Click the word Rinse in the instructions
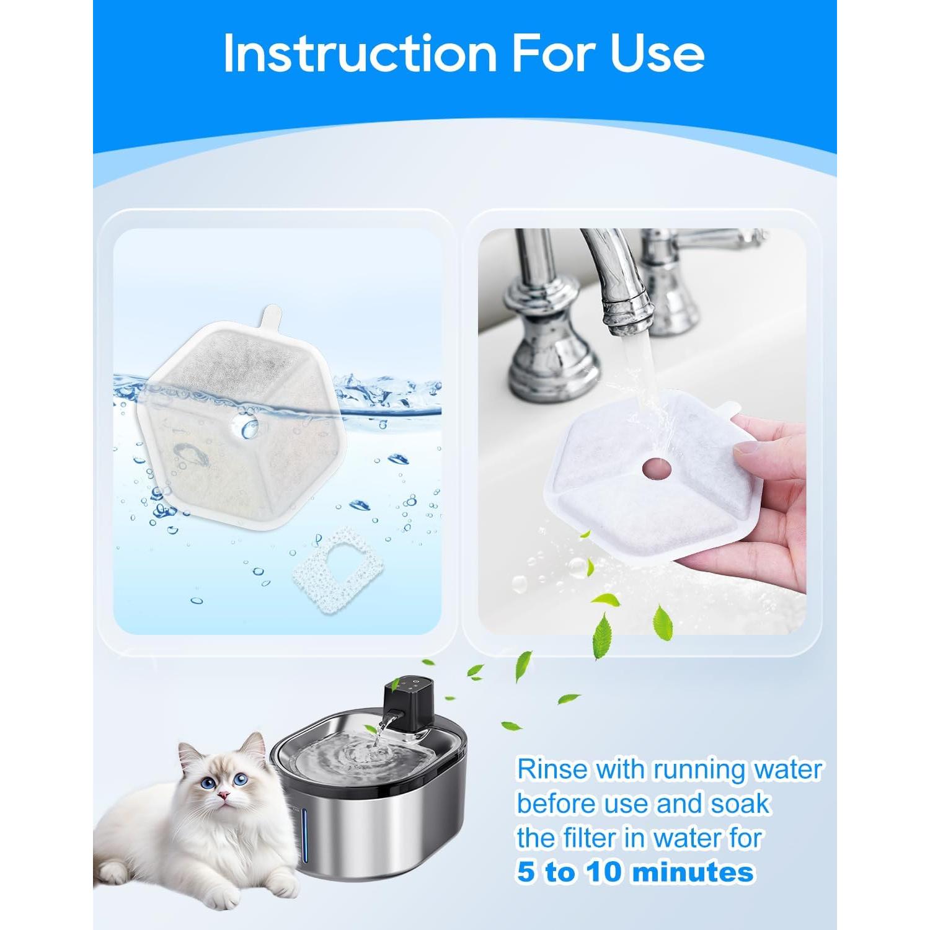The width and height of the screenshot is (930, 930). (552, 769)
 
